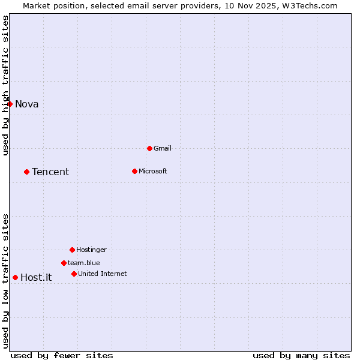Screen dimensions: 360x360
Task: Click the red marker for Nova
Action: coord(10,104)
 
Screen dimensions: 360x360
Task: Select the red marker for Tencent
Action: coord(26,172)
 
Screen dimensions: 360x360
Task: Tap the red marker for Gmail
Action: coord(149,148)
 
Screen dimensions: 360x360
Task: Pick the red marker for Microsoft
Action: coord(134,171)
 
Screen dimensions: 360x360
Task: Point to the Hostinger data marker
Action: coord(72,250)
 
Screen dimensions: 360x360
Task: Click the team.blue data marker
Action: coord(64,263)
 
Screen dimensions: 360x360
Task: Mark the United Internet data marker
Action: coord(74,274)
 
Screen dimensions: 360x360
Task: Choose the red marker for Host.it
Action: coord(15,277)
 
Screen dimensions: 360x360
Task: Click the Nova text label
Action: coord(27,104)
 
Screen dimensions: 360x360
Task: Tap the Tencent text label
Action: coord(50,172)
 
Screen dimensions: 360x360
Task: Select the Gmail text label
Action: coord(163,149)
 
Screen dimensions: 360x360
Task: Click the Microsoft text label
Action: coord(153,172)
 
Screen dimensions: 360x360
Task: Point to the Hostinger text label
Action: coord(92,250)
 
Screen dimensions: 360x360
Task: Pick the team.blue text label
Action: coord(84,263)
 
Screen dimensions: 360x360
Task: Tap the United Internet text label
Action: coord(103,274)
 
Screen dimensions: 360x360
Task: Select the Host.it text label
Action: coord(36,278)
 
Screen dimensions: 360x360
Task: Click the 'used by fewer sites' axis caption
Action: coord(62,356)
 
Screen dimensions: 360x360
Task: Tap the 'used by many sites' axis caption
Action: coord(301,356)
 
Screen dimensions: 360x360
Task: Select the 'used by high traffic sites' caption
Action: coord(6,85)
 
